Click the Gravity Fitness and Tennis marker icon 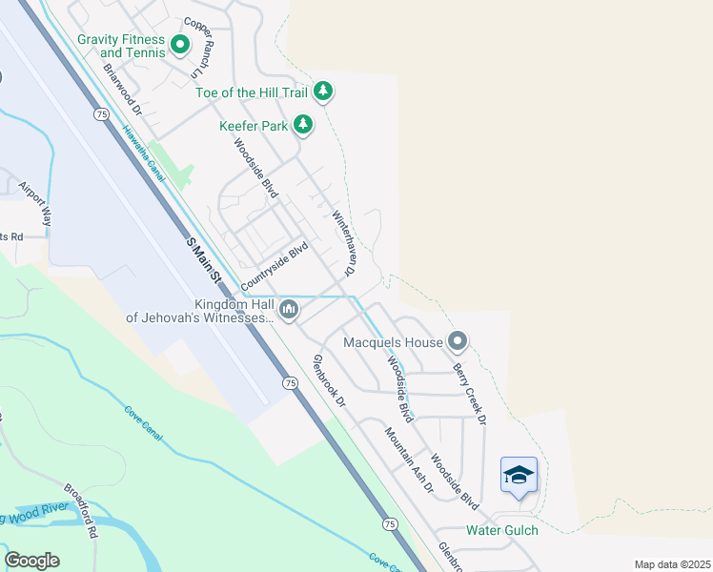click(x=179, y=44)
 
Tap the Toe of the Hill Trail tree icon click(x=324, y=91)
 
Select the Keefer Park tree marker click(x=303, y=124)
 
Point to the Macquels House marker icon click(x=458, y=340)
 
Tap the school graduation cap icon click(x=519, y=475)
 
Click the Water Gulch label click(x=501, y=530)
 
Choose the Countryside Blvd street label click(x=275, y=266)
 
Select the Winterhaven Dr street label click(x=343, y=244)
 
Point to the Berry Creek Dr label click(x=469, y=393)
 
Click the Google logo click(x=31, y=561)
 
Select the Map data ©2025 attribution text click(x=672, y=564)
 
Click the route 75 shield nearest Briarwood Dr click(x=100, y=113)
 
